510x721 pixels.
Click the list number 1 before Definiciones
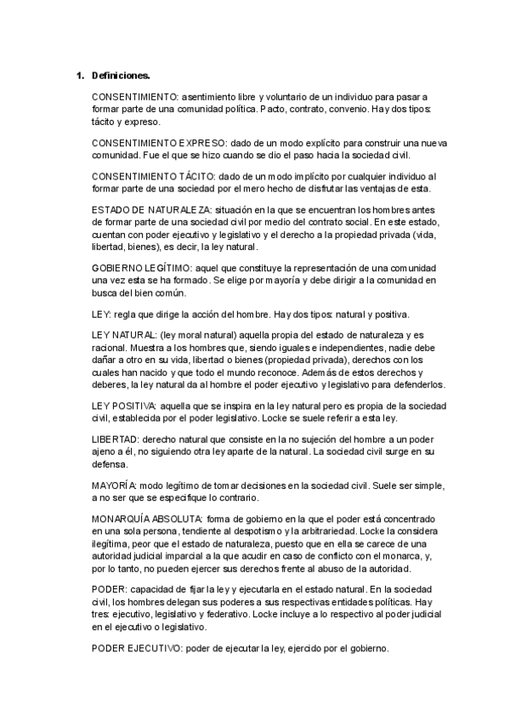point(79,76)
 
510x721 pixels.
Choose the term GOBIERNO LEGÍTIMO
point(137,268)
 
